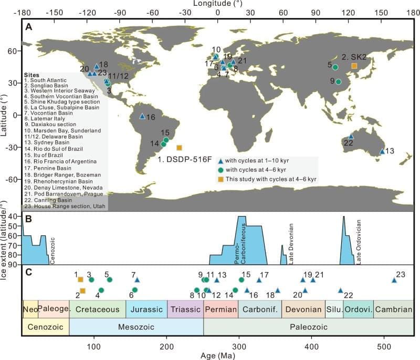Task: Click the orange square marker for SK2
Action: [354, 66]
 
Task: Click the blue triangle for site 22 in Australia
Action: [351, 136]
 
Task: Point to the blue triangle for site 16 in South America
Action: [142, 116]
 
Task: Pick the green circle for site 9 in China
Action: [339, 82]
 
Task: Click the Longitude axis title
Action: [217, 4]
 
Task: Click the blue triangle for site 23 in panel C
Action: [394, 280]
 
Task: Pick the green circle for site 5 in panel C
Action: [110, 280]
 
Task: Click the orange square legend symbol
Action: [222, 179]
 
